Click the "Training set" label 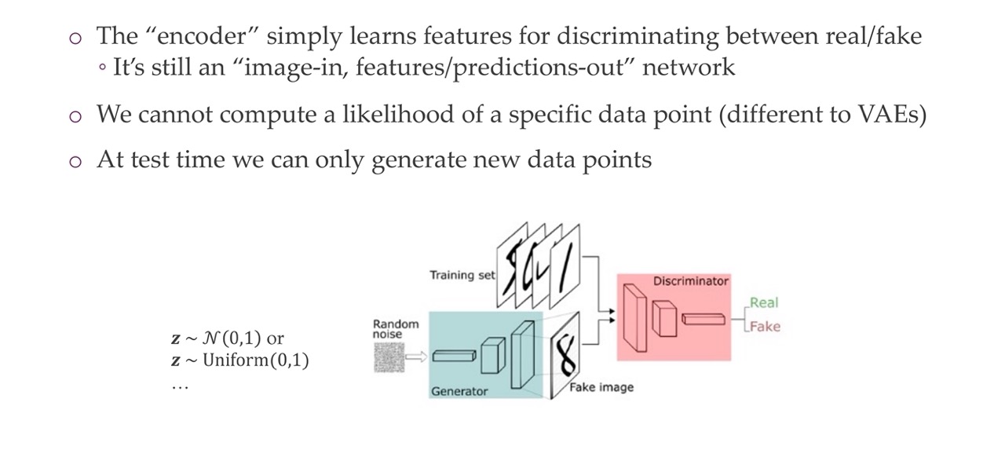click(x=462, y=275)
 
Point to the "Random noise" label click(x=396, y=329)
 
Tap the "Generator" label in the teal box click(x=459, y=391)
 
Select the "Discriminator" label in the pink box click(x=691, y=281)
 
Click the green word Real click(x=764, y=302)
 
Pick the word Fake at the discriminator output click(x=765, y=327)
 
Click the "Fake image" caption click(x=601, y=387)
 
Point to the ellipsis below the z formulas click(x=181, y=386)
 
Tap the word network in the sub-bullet click(x=689, y=68)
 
